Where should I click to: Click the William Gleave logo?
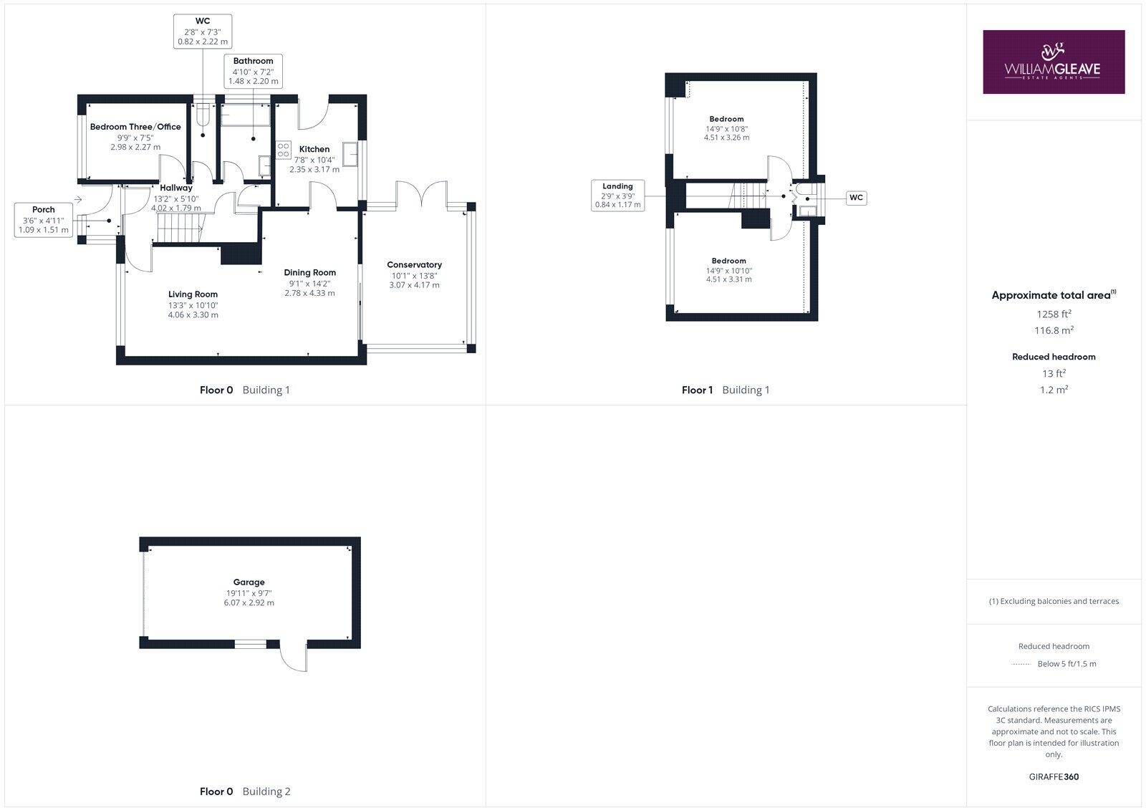tap(1053, 62)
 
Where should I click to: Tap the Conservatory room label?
tap(414, 265)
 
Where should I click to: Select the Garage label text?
tap(249, 582)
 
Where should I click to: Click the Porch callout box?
tap(44, 220)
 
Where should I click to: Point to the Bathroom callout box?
tap(253, 71)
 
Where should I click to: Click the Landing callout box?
tap(617, 196)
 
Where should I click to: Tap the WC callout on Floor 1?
tap(856, 198)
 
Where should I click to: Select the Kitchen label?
tap(314, 149)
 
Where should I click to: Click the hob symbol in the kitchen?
tap(284, 150)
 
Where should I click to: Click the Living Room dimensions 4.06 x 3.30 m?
tap(193, 314)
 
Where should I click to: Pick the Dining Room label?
tap(309, 272)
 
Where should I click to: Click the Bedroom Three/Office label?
tap(135, 127)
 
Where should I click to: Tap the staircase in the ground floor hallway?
tap(179, 231)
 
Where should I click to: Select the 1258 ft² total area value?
tap(1054, 314)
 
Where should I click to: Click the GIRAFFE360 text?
tap(1054, 776)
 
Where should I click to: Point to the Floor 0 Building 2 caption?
tap(245, 792)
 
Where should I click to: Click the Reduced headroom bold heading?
tap(1054, 357)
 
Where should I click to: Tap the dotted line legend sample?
tap(1021, 664)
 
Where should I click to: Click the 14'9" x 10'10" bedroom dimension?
tap(728, 271)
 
